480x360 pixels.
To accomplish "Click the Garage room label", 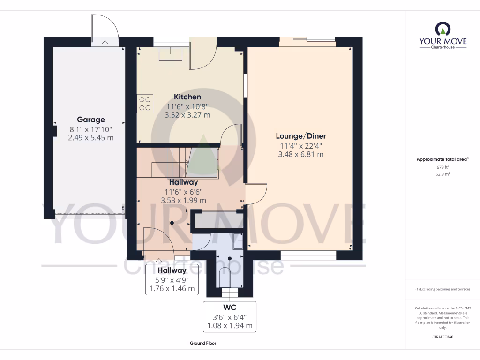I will [91, 120].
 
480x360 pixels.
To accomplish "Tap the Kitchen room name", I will [187, 97].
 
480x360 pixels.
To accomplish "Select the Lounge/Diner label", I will [300, 136].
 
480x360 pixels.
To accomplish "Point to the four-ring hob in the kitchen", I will [145, 104].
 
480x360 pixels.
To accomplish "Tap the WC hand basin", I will [238, 244].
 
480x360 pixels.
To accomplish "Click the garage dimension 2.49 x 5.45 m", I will [91, 138].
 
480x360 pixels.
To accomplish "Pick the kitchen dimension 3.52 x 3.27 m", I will [187, 115].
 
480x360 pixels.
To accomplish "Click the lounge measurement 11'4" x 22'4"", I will [300, 145].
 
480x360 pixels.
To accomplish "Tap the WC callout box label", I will [229, 308].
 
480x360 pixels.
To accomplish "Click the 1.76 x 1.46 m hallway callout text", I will [172, 289].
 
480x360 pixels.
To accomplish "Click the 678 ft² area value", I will [442, 167].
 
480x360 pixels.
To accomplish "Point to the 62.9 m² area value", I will [442, 174].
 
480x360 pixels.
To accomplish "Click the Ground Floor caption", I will [203, 343].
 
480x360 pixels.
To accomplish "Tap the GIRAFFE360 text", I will [442, 337].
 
